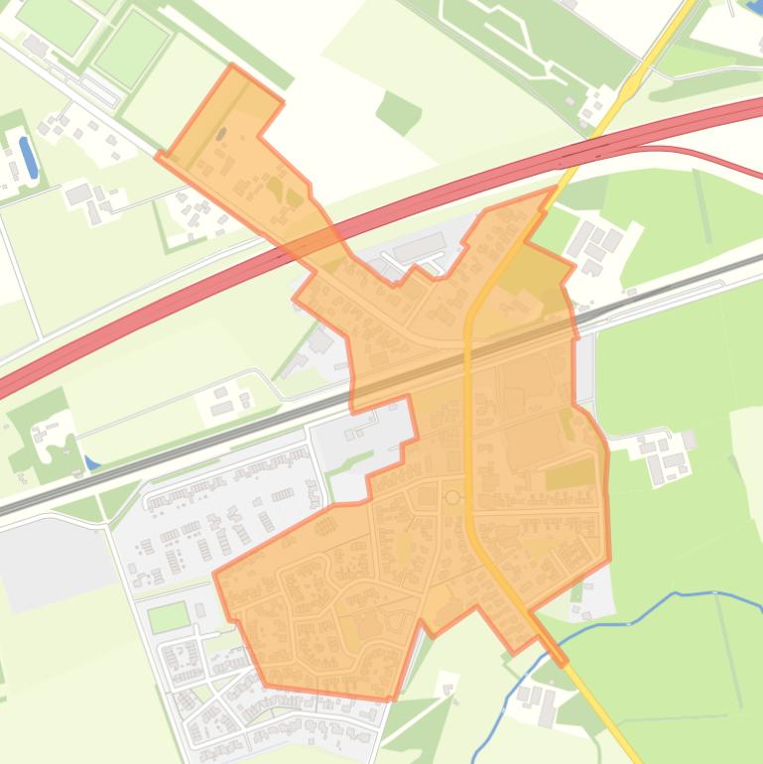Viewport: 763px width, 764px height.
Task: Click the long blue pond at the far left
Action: pyautogui.click(x=29, y=157)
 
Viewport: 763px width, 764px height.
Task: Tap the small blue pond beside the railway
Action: pyautogui.click(x=92, y=462)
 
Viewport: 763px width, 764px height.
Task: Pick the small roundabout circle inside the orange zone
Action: pyautogui.click(x=452, y=496)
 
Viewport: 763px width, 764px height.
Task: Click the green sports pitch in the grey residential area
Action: pyautogui.click(x=168, y=616)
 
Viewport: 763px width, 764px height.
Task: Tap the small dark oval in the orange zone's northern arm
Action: pyautogui.click(x=221, y=133)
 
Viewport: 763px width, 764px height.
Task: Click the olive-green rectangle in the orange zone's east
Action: pyautogui.click(x=571, y=476)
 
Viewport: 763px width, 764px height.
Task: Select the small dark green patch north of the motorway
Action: pyautogui.click(x=399, y=112)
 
